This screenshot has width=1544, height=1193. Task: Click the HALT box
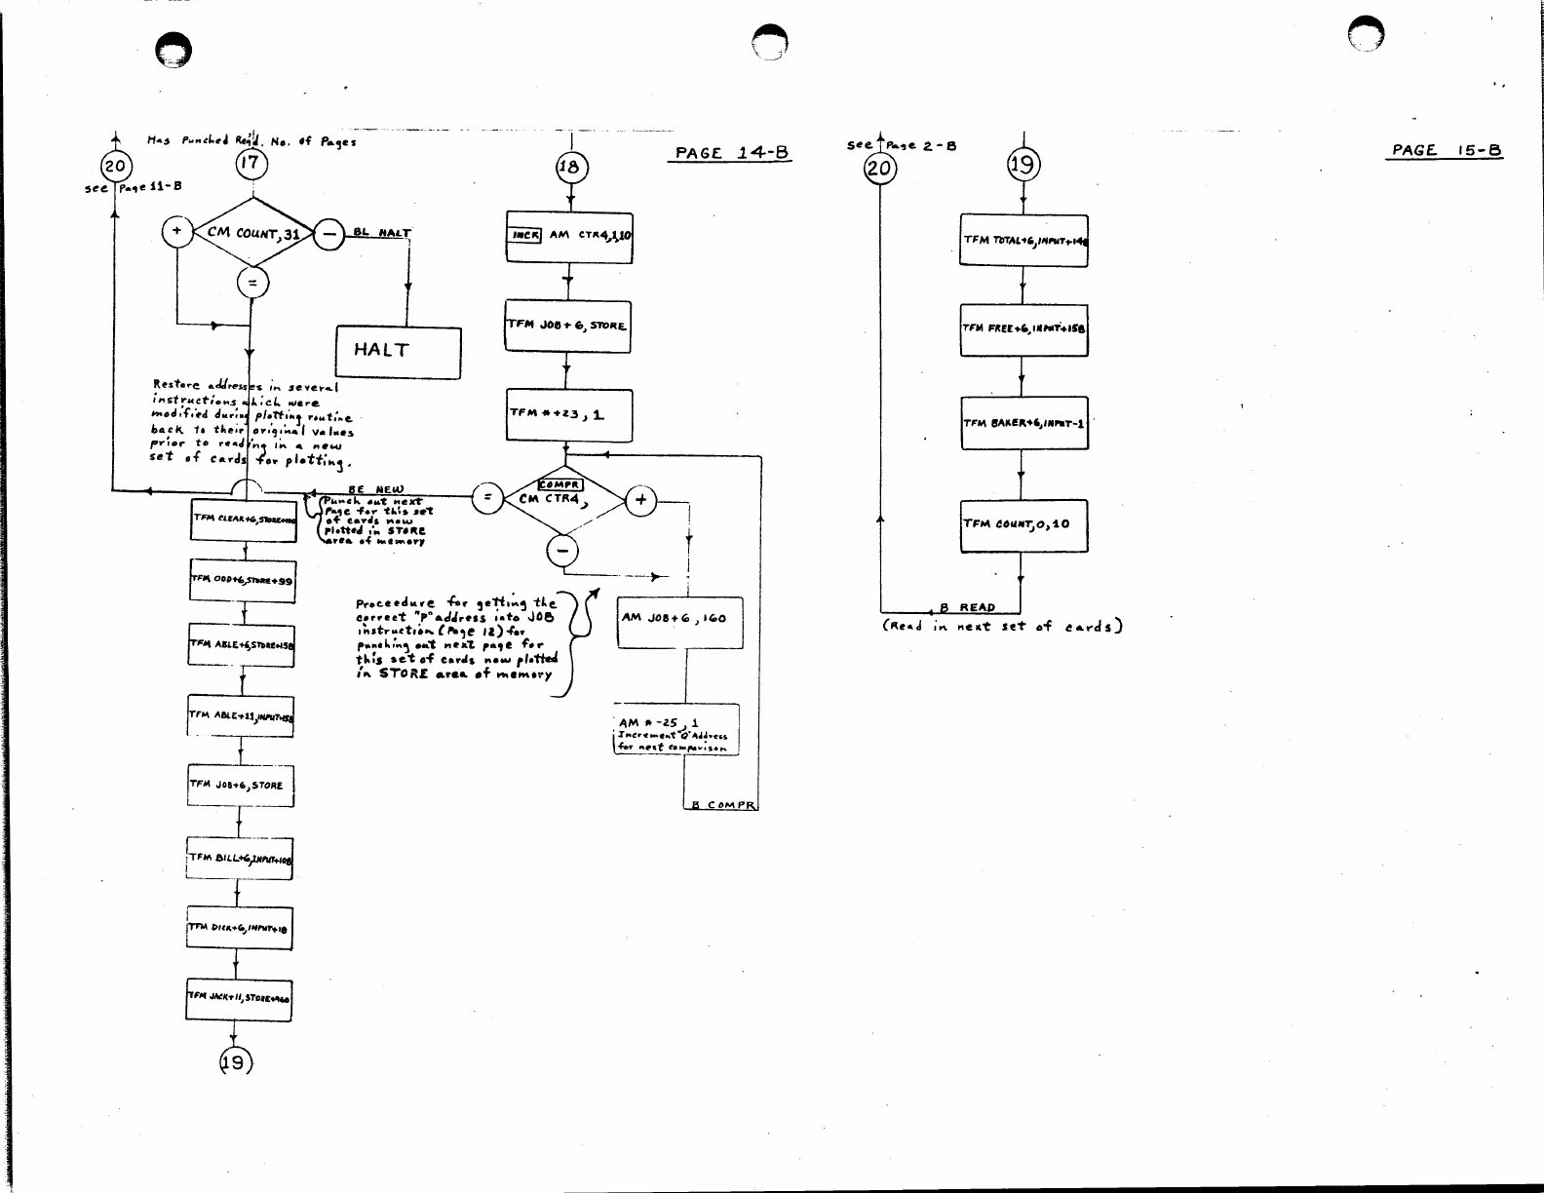tap(398, 352)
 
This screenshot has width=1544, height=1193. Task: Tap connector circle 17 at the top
tap(251, 163)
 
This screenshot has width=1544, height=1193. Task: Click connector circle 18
tap(569, 168)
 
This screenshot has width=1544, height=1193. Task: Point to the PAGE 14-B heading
tap(730, 153)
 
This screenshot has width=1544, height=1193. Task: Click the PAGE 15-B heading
tap(1447, 150)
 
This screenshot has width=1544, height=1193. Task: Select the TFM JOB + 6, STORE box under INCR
tap(567, 325)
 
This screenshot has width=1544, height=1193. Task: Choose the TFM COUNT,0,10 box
tap(1023, 525)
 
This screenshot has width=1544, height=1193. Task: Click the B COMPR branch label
tap(722, 805)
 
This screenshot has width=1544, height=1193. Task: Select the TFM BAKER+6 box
tap(1023, 423)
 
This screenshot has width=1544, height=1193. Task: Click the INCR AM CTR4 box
tap(569, 237)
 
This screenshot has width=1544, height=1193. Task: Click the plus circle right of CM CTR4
tap(641, 500)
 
